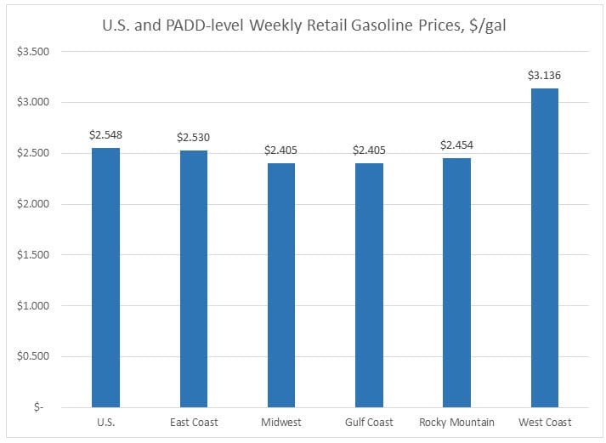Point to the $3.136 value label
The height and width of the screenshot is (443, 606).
coord(544,76)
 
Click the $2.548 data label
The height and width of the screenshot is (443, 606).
coord(105,135)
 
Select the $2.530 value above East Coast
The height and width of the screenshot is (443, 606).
coord(193,137)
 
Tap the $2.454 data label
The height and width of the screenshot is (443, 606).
coord(456,145)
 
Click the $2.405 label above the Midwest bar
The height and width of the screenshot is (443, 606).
coord(280,151)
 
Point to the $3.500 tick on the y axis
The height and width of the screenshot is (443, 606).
coord(34,52)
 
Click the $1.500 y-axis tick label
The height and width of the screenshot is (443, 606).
coord(34,255)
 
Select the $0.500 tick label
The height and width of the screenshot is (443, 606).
coord(34,356)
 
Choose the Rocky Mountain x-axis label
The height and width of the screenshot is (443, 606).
coord(456,423)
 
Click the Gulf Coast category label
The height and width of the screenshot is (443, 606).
coord(369,423)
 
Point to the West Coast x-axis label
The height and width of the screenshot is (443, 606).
coord(544,423)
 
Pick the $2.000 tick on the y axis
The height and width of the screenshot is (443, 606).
coord(34,204)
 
